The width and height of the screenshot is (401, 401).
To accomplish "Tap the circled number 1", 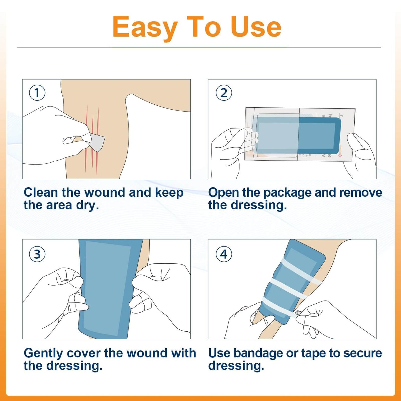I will click(x=37, y=93).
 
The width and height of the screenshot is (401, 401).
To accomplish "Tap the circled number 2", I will click(x=224, y=93).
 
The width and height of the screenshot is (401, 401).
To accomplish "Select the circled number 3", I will click(x=37, y=254).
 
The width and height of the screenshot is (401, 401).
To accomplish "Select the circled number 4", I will click(x=224, y=254).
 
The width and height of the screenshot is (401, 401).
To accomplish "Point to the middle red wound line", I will click(x=92, y=139).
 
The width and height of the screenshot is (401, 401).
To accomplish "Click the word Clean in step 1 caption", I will click(x=41, y=192).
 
